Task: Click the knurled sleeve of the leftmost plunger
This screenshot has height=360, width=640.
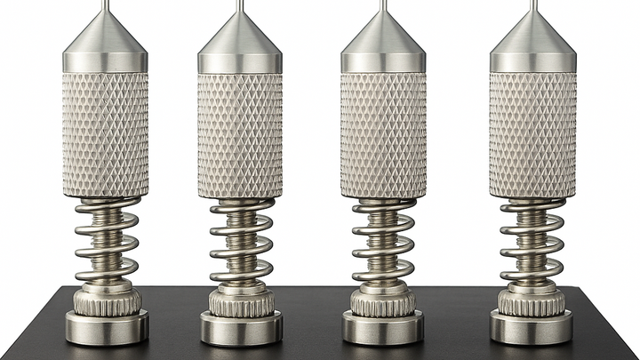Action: pyautogui.click(x=106, y=133)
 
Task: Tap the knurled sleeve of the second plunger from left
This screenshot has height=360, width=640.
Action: pyautogui.click(x=240, y=133)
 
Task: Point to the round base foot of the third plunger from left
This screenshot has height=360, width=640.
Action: pyautogui.click(x=384, y=327)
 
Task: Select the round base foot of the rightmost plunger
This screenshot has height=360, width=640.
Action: pyautogui.click(x=532, y=327)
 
